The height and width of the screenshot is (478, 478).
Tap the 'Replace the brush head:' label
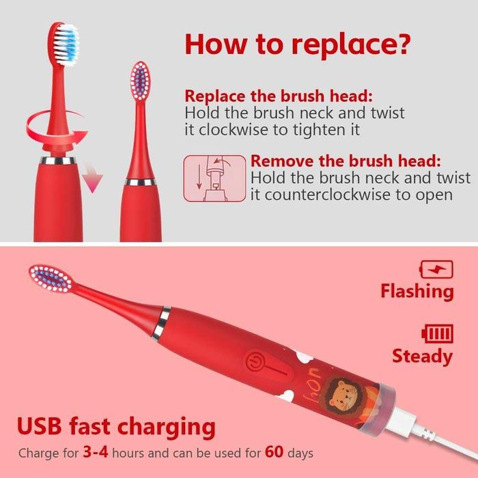[x=279, y=96]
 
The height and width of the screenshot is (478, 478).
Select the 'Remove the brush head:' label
[x=346, y=160]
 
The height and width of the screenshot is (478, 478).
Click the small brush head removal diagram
[x=214, y=178]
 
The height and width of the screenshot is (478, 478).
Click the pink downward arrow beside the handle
[x=93, y=178]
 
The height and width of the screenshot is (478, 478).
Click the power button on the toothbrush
[x=254, y=362]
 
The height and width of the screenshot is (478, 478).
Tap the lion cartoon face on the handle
[x=343, y=395]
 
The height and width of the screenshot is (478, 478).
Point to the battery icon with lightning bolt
[x=436, y=269]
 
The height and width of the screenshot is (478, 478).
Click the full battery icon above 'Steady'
[x=437, y=334]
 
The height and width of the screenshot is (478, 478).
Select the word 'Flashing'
[x=417, y=291]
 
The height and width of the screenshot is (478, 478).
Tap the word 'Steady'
[x=422, y=356]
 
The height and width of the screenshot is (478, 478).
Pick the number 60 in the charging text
[x=274, y=452]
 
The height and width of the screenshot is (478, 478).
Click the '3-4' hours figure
[x=96, y=452]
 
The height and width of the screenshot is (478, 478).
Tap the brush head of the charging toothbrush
[x=51, y=279]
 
